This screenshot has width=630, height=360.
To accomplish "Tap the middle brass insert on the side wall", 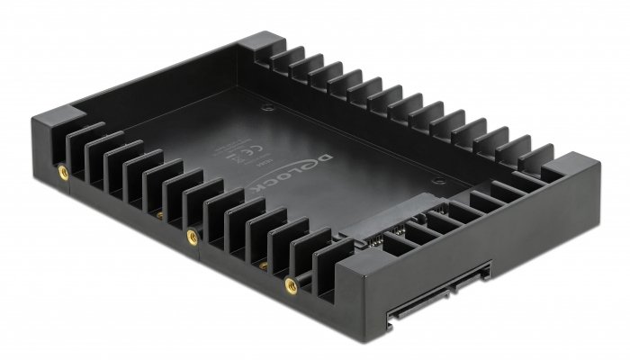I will click(x=191, y=235).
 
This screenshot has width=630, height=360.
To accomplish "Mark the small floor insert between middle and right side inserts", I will click(x=262, y=266).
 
